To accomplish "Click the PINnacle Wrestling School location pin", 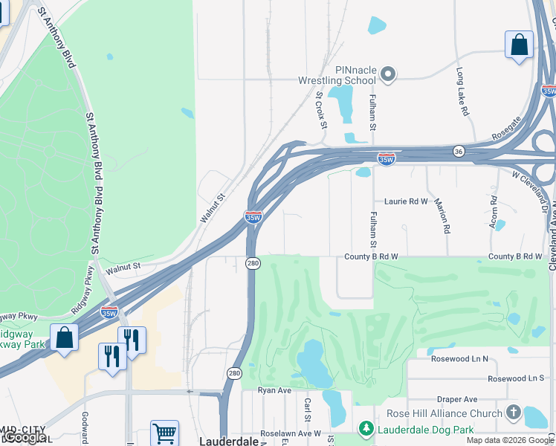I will tap(387, 74).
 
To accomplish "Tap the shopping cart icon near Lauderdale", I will tap(164, 433).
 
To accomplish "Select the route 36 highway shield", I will tap(459, 151).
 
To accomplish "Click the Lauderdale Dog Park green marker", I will tap(365, 429).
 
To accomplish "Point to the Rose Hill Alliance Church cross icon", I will tap(513, 413).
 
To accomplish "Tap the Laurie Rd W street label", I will tap(407, 201).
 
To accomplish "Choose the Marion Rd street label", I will tap(445, 216).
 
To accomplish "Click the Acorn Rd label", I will tap(493, 210).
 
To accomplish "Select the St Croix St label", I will tap(321, 109).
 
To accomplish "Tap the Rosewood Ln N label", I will tap(459, 359).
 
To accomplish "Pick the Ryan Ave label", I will tap(272, 390).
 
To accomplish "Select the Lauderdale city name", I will tap(229, 441).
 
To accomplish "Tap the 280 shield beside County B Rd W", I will tap(253, 263).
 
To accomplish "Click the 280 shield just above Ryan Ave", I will tap(234, 373).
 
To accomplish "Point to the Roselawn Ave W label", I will tap(290, 433).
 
